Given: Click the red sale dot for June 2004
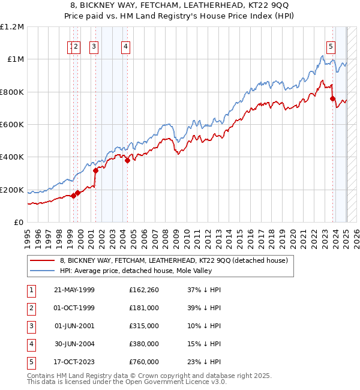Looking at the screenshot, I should (128, 160).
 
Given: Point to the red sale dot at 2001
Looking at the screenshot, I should (95, 171).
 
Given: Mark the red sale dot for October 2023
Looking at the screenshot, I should (332, 99).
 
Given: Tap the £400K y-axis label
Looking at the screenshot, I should (12, 157).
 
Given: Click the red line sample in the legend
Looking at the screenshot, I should (42, 260).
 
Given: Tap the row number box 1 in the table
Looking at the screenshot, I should (30, 290).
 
